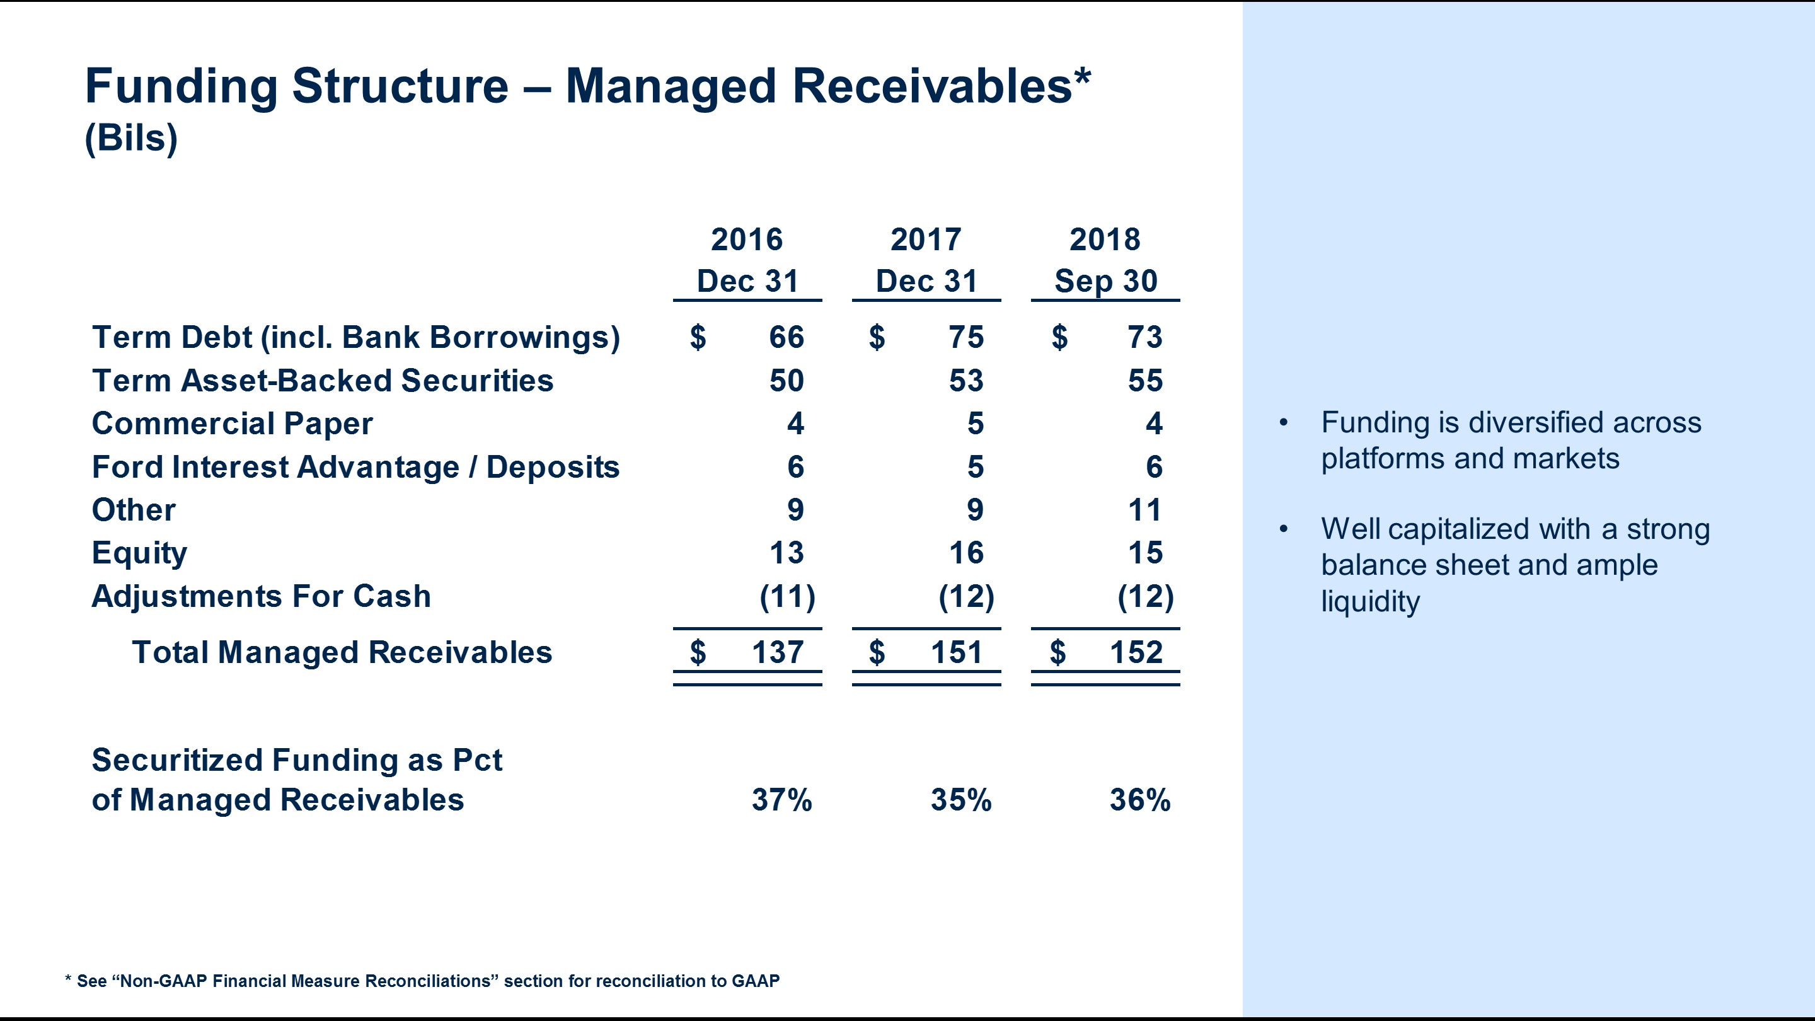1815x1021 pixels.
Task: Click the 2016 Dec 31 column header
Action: [747, 261]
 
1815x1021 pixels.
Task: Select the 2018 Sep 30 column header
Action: [1105, 261]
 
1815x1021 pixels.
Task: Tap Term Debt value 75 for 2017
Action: [966, 338]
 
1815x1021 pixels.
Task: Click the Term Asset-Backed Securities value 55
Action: [1145, 381]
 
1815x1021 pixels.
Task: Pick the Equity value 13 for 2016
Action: [786, 553]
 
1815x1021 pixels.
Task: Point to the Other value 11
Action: [1144, 510]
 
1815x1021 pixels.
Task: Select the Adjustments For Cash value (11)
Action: [787, 597]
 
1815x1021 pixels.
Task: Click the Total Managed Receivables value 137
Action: [777, 652]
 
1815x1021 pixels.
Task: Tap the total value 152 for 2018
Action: [1136, 652]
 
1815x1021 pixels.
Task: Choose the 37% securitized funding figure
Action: [781, 800]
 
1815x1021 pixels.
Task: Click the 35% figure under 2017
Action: [961, 800]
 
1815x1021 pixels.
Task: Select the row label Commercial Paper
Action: [233, 424]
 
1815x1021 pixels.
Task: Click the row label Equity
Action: [139, 553]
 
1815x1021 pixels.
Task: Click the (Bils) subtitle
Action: [131, 138]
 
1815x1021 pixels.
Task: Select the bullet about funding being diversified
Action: [1511, 441]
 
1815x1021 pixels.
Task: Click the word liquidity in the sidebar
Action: [1369, 602]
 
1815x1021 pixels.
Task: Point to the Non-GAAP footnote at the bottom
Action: [423, 981]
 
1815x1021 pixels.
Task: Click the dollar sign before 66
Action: [698, 338]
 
